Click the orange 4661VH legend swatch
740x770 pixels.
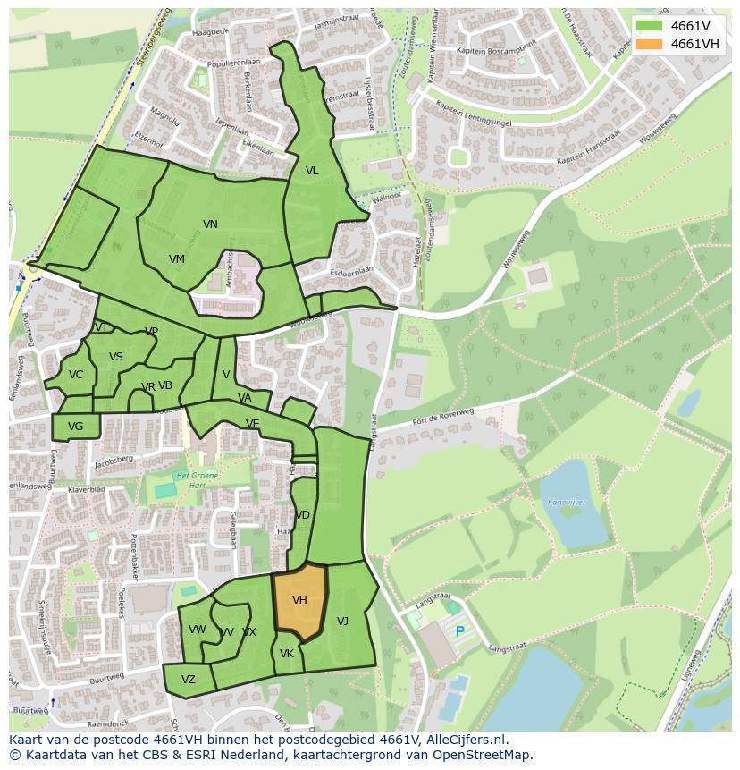(650, 44)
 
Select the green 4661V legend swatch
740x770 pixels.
(650, 25)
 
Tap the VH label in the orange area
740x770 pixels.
(299, 600)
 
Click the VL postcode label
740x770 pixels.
(312, 171)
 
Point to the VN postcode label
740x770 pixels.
(210, 224)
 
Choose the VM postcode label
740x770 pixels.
(177, 259)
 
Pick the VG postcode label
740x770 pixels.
(75, 427)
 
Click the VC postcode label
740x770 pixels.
(76, 375)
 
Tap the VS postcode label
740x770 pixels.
(116, 357)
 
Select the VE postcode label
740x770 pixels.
(253, 424)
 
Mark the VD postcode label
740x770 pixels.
(303, 515)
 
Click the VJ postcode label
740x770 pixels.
(342, 621)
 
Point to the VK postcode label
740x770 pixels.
(286, 654)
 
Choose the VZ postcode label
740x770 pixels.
(188, 680)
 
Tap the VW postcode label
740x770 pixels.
(197, 630)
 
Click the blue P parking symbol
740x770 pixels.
(460, 631)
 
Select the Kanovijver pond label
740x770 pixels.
(567, 503)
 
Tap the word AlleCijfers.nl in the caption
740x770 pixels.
(464, 740)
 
